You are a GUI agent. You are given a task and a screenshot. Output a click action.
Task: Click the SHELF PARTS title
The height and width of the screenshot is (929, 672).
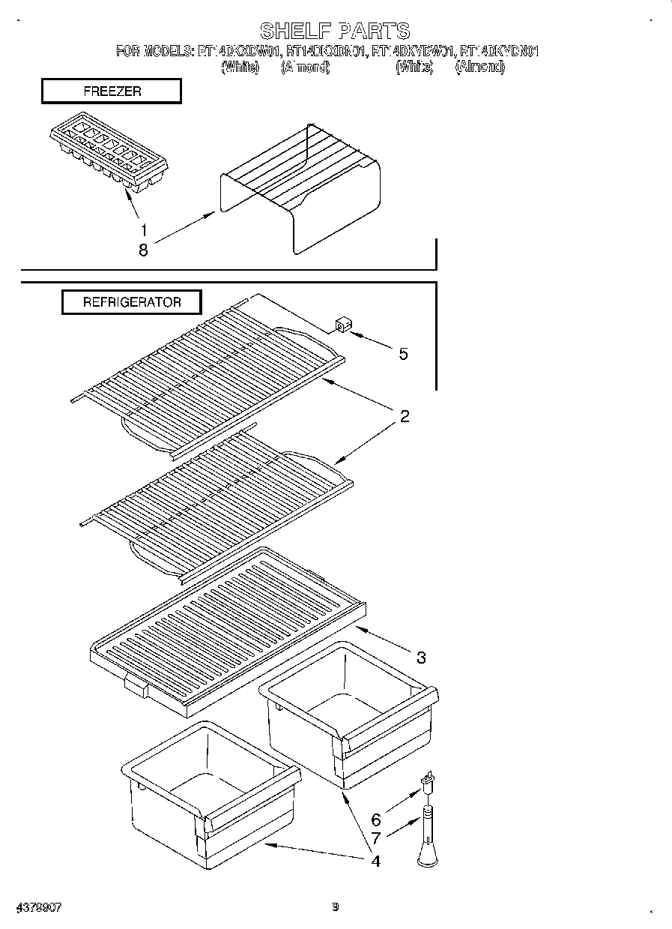pos(335,31)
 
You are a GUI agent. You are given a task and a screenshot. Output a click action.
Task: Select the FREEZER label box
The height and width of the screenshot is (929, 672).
pos(111,91)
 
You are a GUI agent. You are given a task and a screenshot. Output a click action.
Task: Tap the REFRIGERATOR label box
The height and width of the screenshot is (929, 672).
pos(131,302)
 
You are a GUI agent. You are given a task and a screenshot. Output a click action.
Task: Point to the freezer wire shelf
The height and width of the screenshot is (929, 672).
pos(300,187)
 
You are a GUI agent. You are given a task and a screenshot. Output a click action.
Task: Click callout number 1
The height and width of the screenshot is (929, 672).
pos(144,231)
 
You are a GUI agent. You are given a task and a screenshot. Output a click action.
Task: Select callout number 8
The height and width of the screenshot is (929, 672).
pos(143,251)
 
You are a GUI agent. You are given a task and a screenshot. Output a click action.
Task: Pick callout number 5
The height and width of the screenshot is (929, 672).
pos(403,354)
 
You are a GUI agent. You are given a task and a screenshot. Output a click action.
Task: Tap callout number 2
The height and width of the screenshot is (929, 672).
pos(404,417)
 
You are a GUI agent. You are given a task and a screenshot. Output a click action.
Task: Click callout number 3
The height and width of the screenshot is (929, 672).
pos(421,658)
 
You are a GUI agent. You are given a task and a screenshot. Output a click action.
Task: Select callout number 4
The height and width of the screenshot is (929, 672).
pos(375,861)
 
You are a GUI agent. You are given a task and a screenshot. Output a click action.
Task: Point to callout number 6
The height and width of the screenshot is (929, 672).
pos(375,820)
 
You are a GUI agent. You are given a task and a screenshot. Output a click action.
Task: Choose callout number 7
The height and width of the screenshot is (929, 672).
pos(375,840)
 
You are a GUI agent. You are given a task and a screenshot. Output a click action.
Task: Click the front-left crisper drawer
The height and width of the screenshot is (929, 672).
pos(210,795)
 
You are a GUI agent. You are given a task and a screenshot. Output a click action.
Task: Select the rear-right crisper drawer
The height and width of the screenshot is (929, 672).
pos(348,712)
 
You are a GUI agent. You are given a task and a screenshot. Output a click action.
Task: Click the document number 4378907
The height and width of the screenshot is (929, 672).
pos(37,907)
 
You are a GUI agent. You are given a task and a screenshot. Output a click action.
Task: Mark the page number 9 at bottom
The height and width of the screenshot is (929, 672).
pos(336,907)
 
